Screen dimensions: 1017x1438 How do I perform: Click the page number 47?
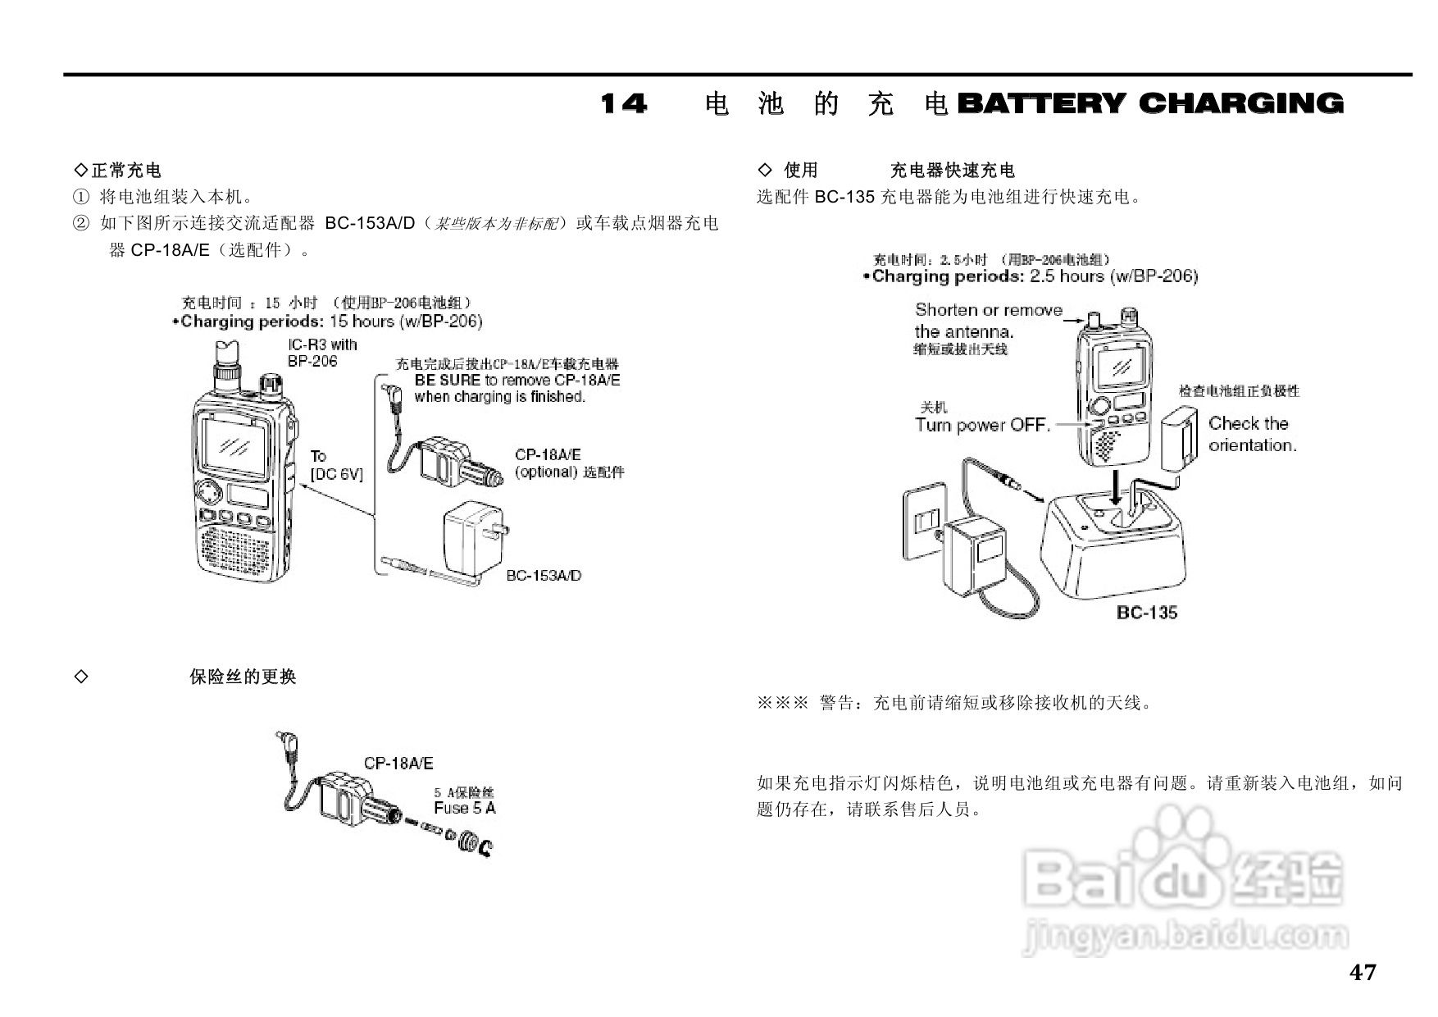pos(1363,973)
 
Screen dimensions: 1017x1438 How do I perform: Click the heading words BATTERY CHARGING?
pos(1150,104)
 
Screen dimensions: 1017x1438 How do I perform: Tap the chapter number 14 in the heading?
pos(623,104)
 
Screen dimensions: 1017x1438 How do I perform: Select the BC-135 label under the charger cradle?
pos(1146,612)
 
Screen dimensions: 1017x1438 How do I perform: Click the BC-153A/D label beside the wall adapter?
pos(544,576)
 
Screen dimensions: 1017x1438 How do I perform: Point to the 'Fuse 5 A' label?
pos(464,808)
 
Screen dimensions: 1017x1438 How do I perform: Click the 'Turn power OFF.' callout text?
pos(982,425)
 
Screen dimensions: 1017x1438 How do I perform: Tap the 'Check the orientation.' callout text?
pos(1252,435)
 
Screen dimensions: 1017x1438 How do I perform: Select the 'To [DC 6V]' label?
pos(335,465)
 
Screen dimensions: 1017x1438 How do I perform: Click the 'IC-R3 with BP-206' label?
pos(321,353)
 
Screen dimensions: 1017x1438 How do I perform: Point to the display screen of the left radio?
pos(235,447)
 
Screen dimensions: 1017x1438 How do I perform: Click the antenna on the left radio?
pos(226,362)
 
